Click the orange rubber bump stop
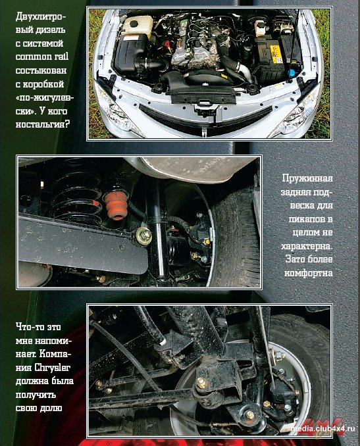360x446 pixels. tap(115, 204)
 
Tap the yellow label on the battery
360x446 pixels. tap(275, 53)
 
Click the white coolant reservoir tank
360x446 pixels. tap(138, 24)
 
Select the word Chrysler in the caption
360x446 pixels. tap(53, 368)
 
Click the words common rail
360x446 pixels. tap(42, 57)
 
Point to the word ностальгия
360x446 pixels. tap(43, 124)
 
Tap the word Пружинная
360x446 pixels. tap(307, 178)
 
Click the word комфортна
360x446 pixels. tap(309, 273)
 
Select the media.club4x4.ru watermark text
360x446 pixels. tap(323, 429)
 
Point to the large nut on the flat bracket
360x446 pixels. tap(144, 235)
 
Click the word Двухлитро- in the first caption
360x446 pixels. tap(41, 16)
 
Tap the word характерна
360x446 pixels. tap(307, 246)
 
